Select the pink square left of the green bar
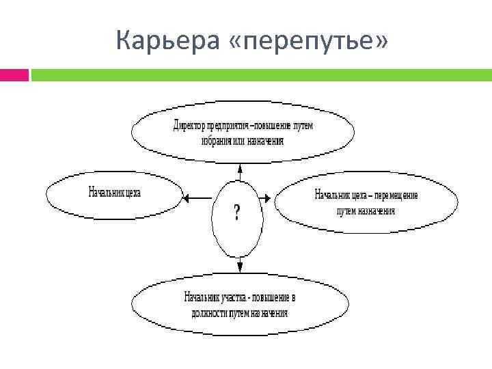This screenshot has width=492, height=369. coord(14,74)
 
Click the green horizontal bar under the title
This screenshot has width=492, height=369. coord(260,74)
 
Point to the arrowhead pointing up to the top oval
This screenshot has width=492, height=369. coord(240,168)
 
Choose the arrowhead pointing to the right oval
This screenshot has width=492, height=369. coord(269,198)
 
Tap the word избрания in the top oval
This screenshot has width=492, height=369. coord(217,140)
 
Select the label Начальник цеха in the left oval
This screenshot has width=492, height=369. coord(113,193)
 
